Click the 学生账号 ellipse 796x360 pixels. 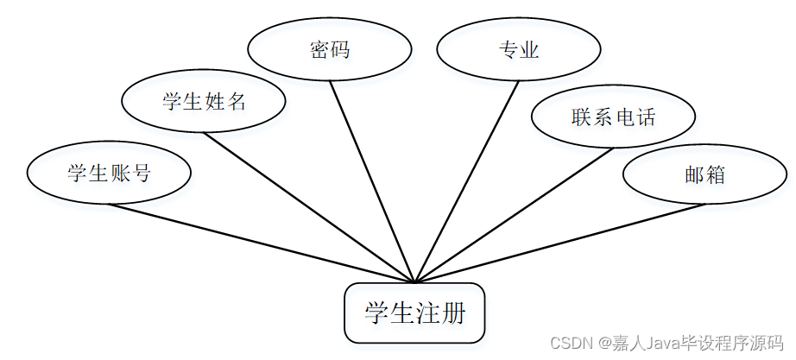109,173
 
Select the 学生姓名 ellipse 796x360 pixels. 204,102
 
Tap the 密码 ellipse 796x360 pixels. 329,49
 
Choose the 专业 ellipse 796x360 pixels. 518,49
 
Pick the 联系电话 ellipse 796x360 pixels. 613,117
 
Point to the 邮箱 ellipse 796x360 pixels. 704,174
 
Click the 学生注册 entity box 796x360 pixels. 414,313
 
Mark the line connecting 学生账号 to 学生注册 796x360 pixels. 259,243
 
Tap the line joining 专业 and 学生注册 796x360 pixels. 466,181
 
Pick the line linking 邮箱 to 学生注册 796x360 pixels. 561,243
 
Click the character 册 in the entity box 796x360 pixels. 452,313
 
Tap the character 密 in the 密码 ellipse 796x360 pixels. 319,49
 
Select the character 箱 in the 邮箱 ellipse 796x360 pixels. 715,174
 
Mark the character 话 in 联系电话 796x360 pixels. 646,117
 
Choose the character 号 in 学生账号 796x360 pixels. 141,173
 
